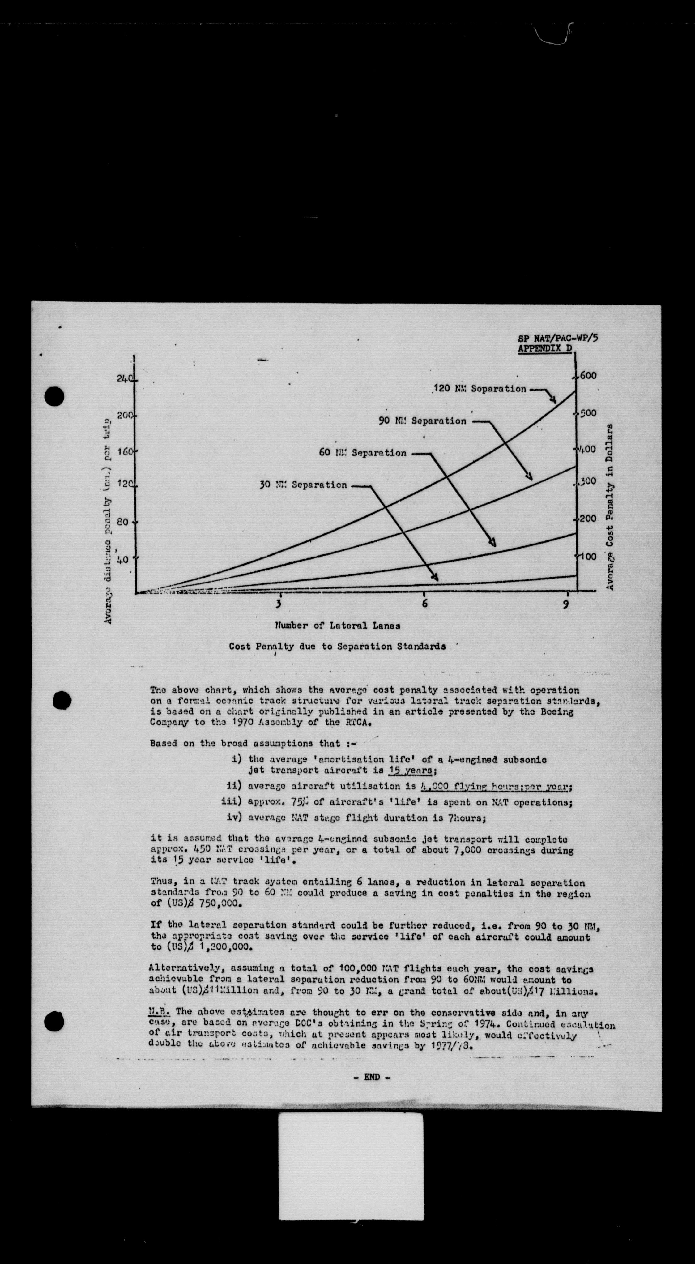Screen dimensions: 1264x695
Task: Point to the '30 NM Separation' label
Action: point(303,485)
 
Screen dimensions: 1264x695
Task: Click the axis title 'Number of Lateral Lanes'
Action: point(337,626)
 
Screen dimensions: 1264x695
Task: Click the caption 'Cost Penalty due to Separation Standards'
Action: point(337,646)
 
